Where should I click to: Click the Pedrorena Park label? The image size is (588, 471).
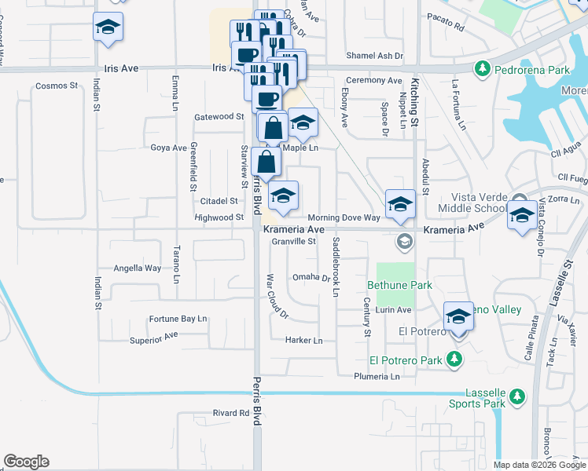[x=532, y=70]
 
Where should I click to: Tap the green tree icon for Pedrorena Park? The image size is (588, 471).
[x=486, y=70]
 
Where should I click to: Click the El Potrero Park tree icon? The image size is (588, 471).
[x=454, y=360]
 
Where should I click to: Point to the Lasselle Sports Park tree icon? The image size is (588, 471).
[x=516, y=394]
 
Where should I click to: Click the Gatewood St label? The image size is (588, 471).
[x=219, y=117]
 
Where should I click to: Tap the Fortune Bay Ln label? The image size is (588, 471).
[x=178, y=319]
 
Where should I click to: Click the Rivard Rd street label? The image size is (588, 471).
[x=230, y=412]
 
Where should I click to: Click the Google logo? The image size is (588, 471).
[x=26, y=462]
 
